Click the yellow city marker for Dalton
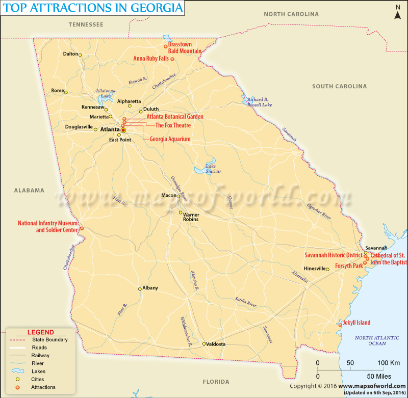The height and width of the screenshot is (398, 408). [80, 55]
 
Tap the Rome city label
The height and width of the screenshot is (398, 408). [57, 91]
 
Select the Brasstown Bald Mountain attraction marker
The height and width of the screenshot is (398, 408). [165, 46]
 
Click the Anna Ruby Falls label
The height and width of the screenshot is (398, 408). [151, 59]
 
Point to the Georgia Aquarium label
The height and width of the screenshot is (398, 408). [170, 139]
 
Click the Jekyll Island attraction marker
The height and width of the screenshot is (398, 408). [340, 325]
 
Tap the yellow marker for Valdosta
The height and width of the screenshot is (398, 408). [204, 344]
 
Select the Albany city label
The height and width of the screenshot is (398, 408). [150, 288]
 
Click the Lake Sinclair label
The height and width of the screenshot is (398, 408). [213, 169]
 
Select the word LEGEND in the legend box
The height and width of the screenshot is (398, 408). [40, 332]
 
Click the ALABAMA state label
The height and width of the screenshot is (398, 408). [29, 190]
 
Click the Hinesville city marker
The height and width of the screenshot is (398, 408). [328, 269]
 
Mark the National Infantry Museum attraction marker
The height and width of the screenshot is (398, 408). [82, 229]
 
